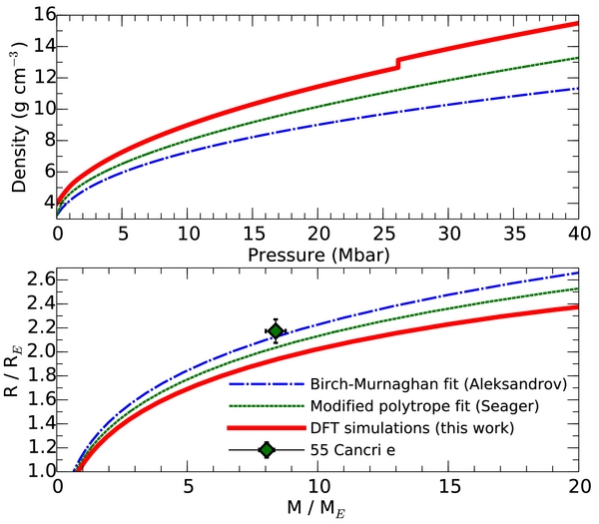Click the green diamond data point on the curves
click(276, 330)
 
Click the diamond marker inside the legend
click(266, 450)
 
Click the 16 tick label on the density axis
click(38, 15)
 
